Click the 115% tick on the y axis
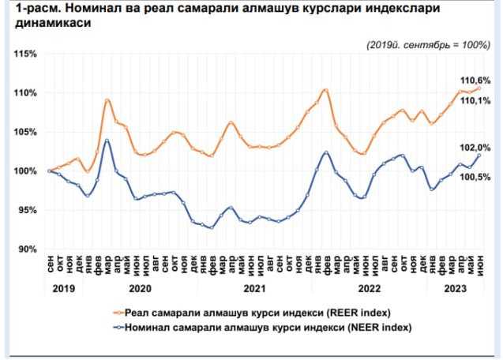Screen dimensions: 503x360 25,54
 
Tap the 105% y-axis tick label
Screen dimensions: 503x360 25,132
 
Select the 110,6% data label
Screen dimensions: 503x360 475,81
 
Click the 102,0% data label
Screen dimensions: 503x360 475,148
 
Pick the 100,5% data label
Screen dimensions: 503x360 475,177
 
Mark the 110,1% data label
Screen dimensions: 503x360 475,101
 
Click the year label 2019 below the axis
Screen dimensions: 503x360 63,288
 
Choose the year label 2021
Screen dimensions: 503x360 255,288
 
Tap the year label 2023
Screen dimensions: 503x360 455,288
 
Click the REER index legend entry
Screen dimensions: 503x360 253,313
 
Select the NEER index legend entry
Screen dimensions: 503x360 263,328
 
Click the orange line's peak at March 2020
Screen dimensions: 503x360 107,99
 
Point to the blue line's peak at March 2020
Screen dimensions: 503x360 107,141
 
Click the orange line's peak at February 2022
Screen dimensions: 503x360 326,90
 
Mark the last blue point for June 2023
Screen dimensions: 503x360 479,156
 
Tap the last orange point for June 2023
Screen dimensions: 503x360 479,88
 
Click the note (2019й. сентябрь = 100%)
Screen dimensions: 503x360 429,45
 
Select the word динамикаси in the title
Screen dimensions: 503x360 53,23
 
